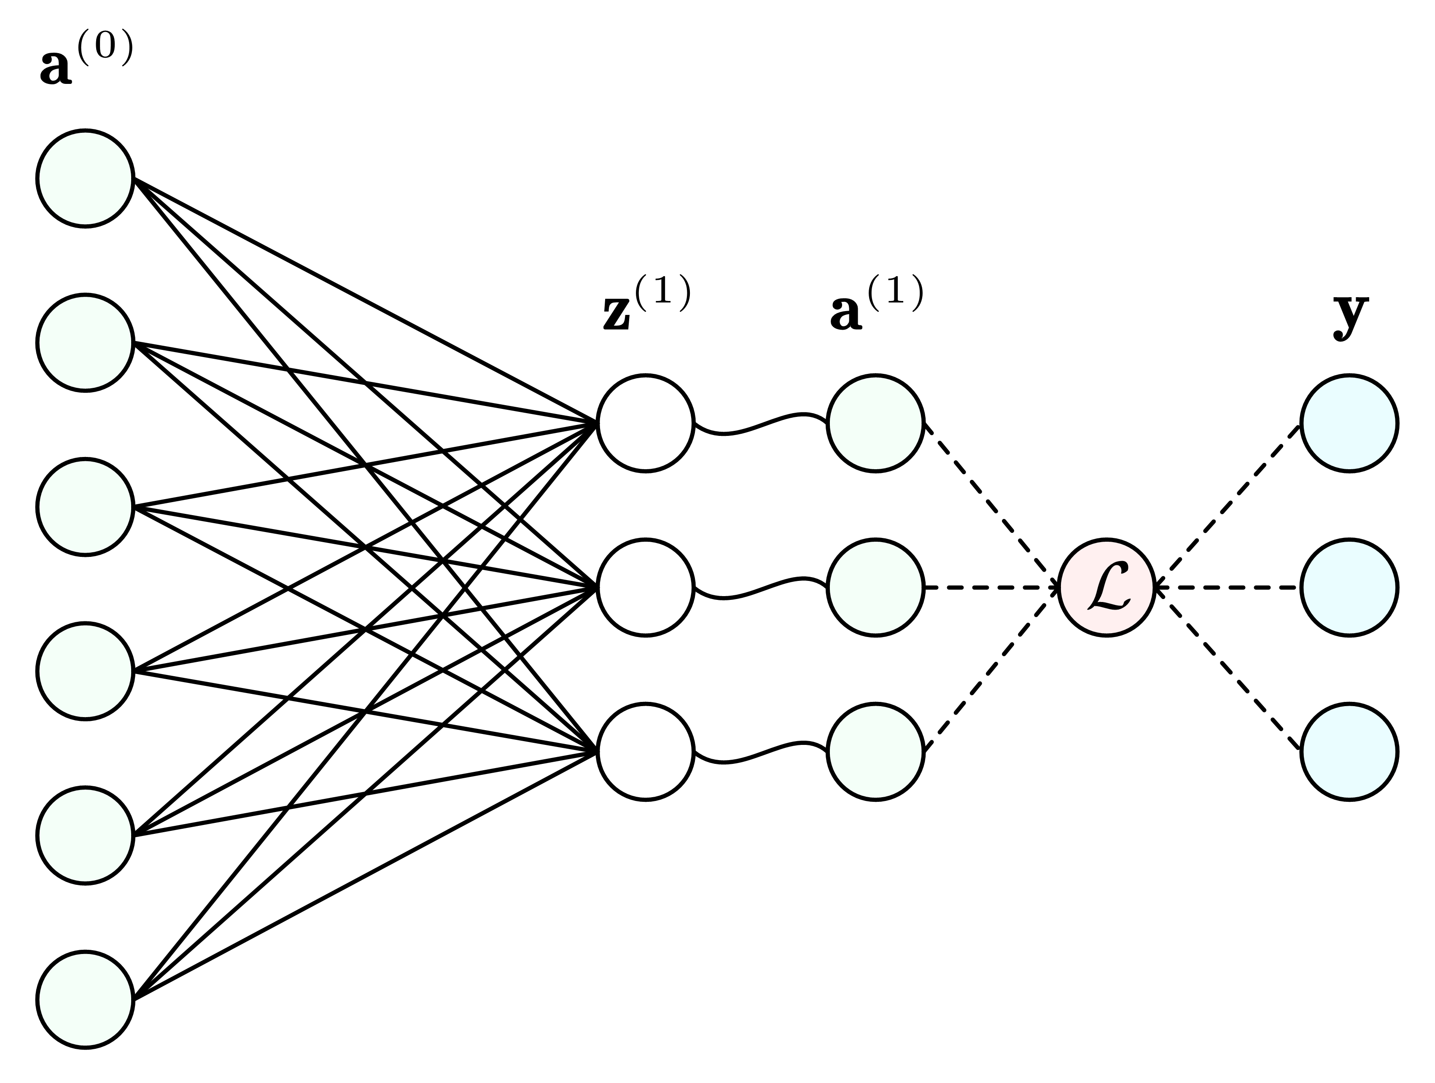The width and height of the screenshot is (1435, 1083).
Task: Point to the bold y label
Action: pos(1350,314)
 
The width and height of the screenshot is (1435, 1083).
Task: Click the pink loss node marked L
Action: pos(1107,588)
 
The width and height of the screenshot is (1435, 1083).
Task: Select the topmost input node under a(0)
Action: pos(85,178)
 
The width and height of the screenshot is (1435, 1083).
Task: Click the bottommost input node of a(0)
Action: pos(85,1000)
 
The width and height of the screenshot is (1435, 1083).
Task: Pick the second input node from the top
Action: pos(85,342)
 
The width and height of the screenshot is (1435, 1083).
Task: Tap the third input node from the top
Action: pos(85,506)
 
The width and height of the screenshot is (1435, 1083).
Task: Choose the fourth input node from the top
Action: pos(85,671)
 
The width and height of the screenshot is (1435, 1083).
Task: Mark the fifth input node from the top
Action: pos(85,835)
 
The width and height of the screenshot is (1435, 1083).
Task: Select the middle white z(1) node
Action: pos(646,588)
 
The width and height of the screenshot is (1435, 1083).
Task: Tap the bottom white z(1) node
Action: pos(646,752)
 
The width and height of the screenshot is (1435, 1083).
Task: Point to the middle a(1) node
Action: pos(875,588)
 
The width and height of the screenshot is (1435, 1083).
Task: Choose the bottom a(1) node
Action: pos(875,752)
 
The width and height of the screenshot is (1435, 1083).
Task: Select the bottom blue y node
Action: pos(1349,752)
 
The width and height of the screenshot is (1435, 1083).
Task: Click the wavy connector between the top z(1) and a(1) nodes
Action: pos(760,424)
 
